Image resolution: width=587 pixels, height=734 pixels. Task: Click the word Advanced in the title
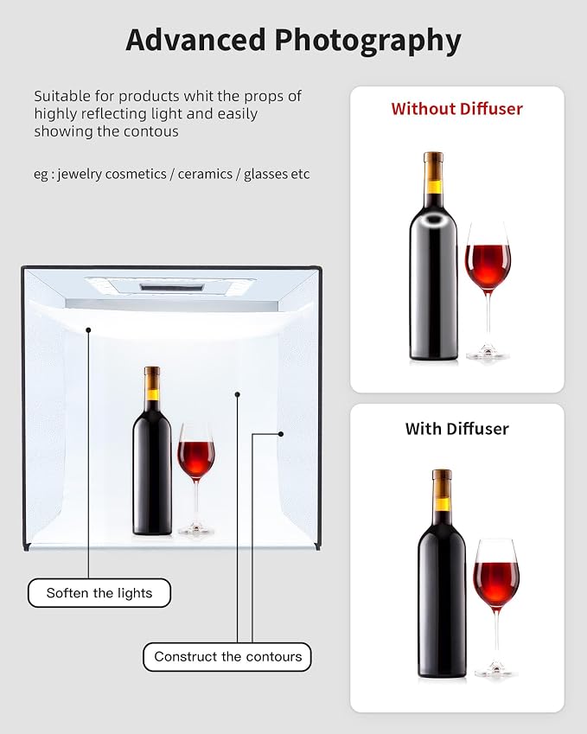(x=195, y=40)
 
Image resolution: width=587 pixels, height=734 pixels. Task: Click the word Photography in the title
(x=368, y=42)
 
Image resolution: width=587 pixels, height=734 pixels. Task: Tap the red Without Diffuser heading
(x=456, y=109)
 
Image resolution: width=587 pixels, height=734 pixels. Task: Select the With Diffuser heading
(x=456, y=428)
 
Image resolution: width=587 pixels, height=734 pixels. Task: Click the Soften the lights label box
(x=99, y=593)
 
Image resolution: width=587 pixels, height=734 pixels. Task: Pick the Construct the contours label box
(x=227, y=657)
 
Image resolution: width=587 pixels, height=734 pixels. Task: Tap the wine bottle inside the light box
(x=151, y=450)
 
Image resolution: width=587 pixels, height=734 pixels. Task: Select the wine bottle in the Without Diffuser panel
(x=433, y=256)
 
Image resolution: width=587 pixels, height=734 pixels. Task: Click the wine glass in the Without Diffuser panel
(x=488, y=290)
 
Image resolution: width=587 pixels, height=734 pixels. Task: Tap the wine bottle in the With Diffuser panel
(x=442, y=574)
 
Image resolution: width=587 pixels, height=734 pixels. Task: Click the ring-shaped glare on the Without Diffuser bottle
(x=433, y=219)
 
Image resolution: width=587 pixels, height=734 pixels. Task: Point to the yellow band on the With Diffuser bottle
(x=442, y=504)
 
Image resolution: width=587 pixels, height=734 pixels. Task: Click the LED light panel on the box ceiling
(x=171, y=286)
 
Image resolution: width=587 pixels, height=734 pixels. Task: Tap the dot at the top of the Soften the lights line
(x=88, y=330)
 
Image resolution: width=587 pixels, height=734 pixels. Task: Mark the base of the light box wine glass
(x=196, y=530)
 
